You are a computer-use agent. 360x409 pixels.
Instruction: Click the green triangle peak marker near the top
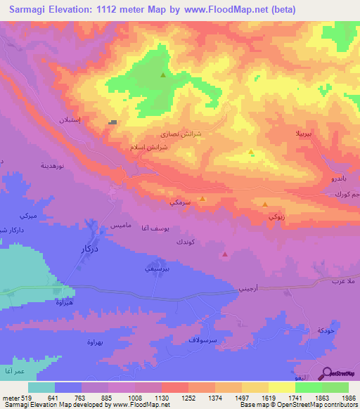tap(163, 75)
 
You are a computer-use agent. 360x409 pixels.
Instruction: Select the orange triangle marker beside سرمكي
tap(202, 199)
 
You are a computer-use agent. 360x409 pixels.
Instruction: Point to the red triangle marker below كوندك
tap(224, 254)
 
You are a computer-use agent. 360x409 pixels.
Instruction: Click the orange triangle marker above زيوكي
tap(264, 204)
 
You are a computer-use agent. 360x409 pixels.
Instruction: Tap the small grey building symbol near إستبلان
tap(112, 122)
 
